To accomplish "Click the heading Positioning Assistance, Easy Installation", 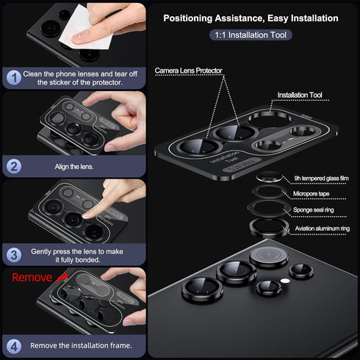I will tap(251, 18).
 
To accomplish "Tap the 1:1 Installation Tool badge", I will tap(251, 35).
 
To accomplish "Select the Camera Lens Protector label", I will tap(188, 71).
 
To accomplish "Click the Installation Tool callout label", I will tap(299, 96).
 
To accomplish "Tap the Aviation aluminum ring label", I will tap(323, 229).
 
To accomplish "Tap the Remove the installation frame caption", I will tap(82, 345).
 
